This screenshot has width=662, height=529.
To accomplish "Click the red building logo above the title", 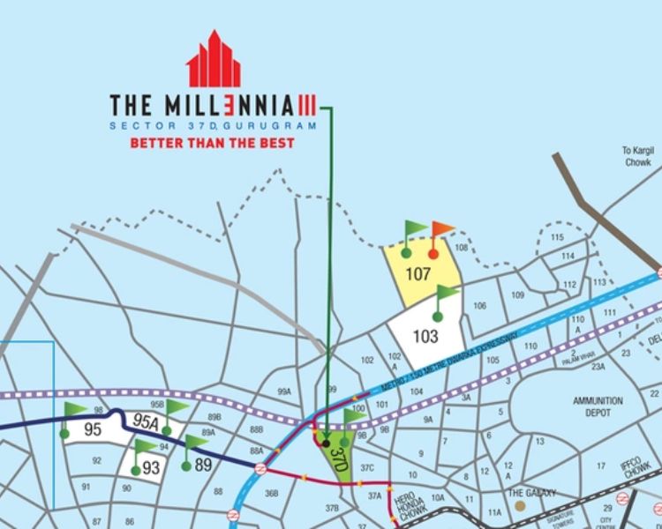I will click(214, 59).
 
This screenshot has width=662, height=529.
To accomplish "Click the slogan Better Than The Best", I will click(212, 142).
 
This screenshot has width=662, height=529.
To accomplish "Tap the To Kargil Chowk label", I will click(636, 156).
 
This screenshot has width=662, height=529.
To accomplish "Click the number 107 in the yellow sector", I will click(418, 273).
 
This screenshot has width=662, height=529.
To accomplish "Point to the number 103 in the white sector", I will click(425, 336).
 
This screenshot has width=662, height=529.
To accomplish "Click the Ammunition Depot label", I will click(598, 406).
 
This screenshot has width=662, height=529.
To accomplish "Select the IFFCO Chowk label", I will click(636, 473).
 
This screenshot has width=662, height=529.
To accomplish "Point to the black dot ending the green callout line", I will click(326, 443).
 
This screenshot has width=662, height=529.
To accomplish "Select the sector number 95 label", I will click(94, 430).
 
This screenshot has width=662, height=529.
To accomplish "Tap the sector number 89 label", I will click(204, 465).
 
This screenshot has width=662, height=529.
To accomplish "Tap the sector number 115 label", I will click(557, 238).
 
